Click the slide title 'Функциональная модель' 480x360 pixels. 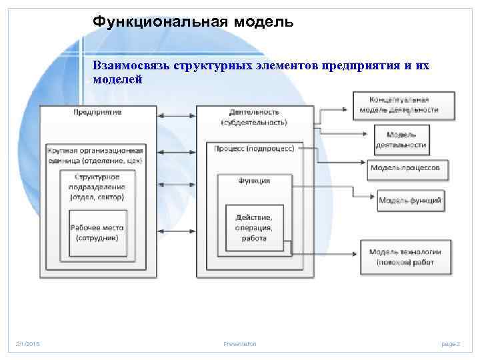tap(193, 22)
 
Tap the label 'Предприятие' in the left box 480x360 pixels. tap(97, 112)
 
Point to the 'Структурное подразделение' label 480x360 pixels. tap(97, 187)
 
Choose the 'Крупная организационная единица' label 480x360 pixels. tap(97, 156)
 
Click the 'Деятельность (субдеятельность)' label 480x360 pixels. tap(254, 117)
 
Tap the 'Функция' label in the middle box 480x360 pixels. tap(254, 181)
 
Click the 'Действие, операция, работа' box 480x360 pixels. tap(254, 227)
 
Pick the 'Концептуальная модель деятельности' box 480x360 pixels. tap(404, 105)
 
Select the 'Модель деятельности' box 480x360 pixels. tap(401, 139)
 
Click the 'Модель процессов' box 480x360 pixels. tap(405, 168)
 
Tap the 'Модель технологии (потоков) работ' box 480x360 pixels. tap(405, 257)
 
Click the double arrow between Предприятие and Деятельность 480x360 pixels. tap(176, 117)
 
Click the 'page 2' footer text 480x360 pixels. tap(450, 343)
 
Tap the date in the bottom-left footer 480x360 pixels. tap(28, 343)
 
